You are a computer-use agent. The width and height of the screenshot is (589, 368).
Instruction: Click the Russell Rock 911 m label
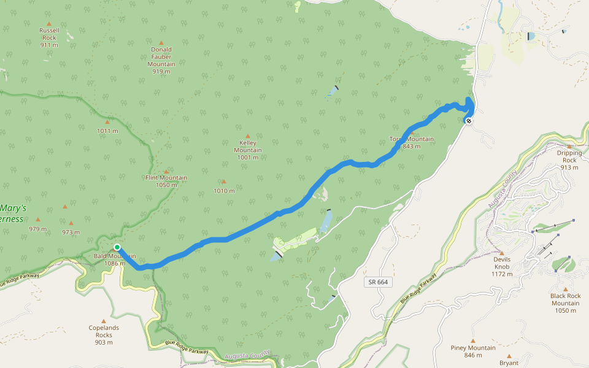pyautogui.click(x=49, y=37)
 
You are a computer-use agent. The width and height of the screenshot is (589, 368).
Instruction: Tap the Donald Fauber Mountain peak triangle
pyautogui.click(x=161, y=26)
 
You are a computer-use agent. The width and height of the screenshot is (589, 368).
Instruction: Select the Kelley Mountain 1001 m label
pyautogui.click(x=248, y=150)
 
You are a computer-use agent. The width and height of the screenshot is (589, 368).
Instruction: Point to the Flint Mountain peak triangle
pyautogui.click(x=166, y=171)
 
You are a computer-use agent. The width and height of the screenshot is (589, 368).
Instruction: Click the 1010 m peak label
pyautogui.click(x=224, y=191)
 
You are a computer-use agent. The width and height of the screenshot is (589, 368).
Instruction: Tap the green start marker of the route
pyautogui.click(x=117, y=247)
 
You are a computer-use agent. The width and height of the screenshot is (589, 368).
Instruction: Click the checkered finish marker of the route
pyautogui.click(x=469, y=121)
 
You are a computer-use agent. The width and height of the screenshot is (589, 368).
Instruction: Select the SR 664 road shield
pyautogui.click(x=378, y=282)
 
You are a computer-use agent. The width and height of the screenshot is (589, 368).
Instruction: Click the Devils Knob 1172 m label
pyautogui.click(x=502, y=266)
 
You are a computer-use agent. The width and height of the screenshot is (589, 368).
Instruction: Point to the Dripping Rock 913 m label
pyautogui.click(x=569, y=160)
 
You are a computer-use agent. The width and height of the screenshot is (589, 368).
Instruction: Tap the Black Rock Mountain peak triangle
pyautogui.click(x=565, y=289)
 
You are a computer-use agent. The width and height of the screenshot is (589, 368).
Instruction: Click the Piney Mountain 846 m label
pyautogui.click(x=473, y=351)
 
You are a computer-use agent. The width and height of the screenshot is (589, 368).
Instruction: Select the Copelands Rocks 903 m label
pyautogui.click(x=104, y=335)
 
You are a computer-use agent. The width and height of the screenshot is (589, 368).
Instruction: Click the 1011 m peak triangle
pyautogui.click(x=107, y=121)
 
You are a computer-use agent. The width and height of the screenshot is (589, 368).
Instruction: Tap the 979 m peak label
pyautogui.click(x=37, y=229)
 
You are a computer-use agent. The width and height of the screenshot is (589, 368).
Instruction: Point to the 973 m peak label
pyautogui.click(x=71, y=232)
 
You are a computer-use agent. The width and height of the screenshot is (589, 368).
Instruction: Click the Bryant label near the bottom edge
pyautogui.click(x=509, y=362)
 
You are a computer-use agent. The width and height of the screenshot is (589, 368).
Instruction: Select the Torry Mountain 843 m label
pyautogui.click(x=412, y=142)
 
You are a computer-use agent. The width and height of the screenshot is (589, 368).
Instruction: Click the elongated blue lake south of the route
pyautogui.click(x=326, y=220)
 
